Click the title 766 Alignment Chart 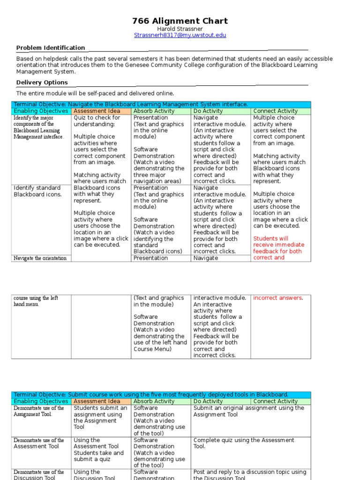click(180, 21)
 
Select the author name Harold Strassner click(180, 29)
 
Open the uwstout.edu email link click(180, 35)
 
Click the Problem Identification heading click(51, 48)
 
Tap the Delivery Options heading click(42, 82)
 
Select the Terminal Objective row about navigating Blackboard click(131, 104)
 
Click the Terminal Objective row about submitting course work click(151, 395)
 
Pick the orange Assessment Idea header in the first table click(101, 111)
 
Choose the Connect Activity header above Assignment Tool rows click(275, 401)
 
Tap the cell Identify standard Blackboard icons click(37, 191)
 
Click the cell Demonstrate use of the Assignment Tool click(39, 411)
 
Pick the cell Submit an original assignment click(248, 411)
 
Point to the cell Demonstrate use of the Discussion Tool click(39, 475)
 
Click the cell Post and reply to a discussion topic click(249, 475)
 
